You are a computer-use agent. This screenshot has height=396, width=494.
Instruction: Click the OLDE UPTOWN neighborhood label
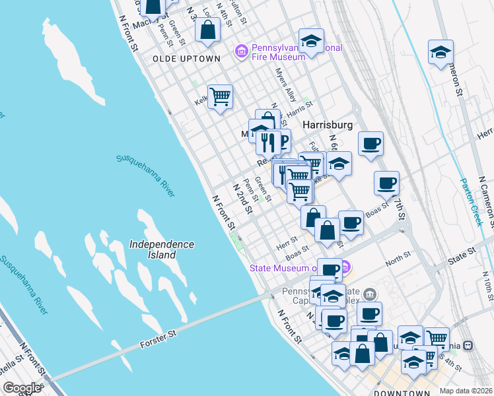186,59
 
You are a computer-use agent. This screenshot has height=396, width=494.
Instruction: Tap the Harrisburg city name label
328,125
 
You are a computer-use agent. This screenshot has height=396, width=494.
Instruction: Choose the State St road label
462,251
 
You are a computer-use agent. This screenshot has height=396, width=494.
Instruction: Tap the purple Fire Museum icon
241,51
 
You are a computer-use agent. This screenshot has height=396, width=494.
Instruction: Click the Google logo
22,388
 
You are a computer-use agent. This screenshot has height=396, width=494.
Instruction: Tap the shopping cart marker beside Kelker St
220,97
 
